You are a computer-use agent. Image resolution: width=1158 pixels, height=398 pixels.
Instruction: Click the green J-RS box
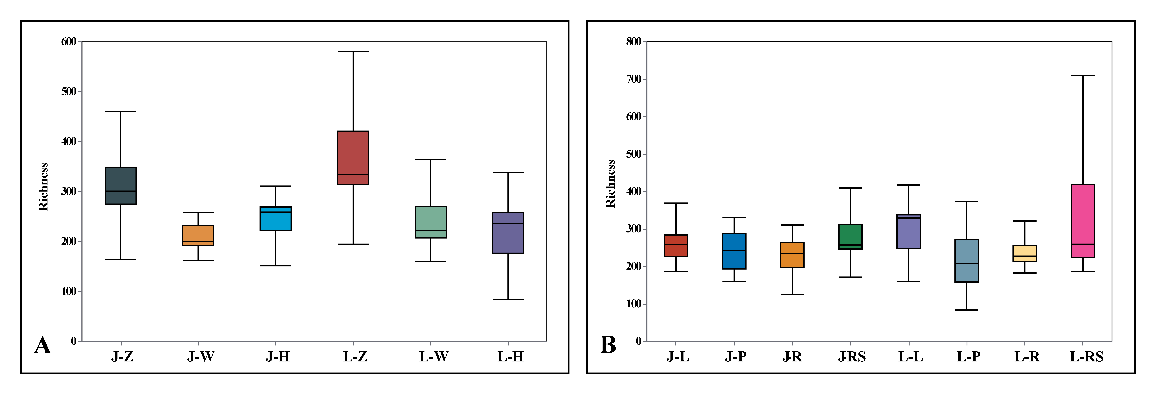(x=850, y=237)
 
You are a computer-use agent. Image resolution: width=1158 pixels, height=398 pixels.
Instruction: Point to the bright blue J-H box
(x=276, y=219)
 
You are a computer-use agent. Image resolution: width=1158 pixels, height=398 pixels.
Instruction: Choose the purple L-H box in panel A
(x=508, y=233)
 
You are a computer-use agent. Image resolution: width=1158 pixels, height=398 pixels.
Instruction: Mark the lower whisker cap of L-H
(x=508, y=300)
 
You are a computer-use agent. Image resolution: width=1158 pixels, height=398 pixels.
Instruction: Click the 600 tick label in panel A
(x=69, y=42)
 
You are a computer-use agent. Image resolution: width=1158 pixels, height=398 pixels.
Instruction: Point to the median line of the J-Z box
(x=120, y=191)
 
